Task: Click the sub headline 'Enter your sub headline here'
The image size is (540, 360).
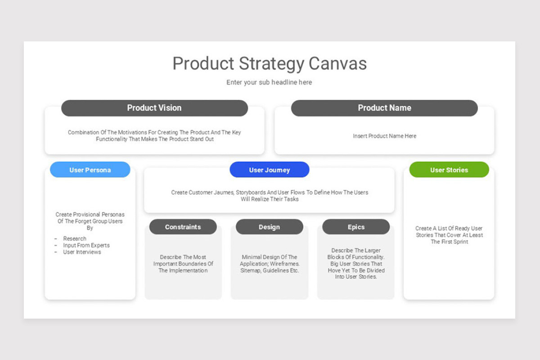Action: [269, 82]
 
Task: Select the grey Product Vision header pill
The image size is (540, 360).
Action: [154, 108]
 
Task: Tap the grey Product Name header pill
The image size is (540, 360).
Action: [384, 108]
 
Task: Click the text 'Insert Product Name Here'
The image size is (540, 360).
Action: [384, 136]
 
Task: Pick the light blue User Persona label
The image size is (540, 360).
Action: [90, 170]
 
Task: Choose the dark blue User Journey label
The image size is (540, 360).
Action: [269, 170]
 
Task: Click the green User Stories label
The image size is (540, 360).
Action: [449, 170]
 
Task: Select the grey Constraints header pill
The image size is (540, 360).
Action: [183, 227]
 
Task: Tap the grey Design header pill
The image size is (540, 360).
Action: [269, 227]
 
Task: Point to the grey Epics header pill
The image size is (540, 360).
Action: [355, 227]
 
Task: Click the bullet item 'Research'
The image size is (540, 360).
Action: [75, 238]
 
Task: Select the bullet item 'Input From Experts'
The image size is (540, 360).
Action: [86, 245]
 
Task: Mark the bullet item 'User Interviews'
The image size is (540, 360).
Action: [82, 252]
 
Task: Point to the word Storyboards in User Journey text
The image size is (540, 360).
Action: [251, 192]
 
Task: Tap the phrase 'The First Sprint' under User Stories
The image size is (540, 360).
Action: [449, 242]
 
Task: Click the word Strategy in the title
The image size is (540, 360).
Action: [271, 63]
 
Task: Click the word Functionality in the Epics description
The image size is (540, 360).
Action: [365, 257]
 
